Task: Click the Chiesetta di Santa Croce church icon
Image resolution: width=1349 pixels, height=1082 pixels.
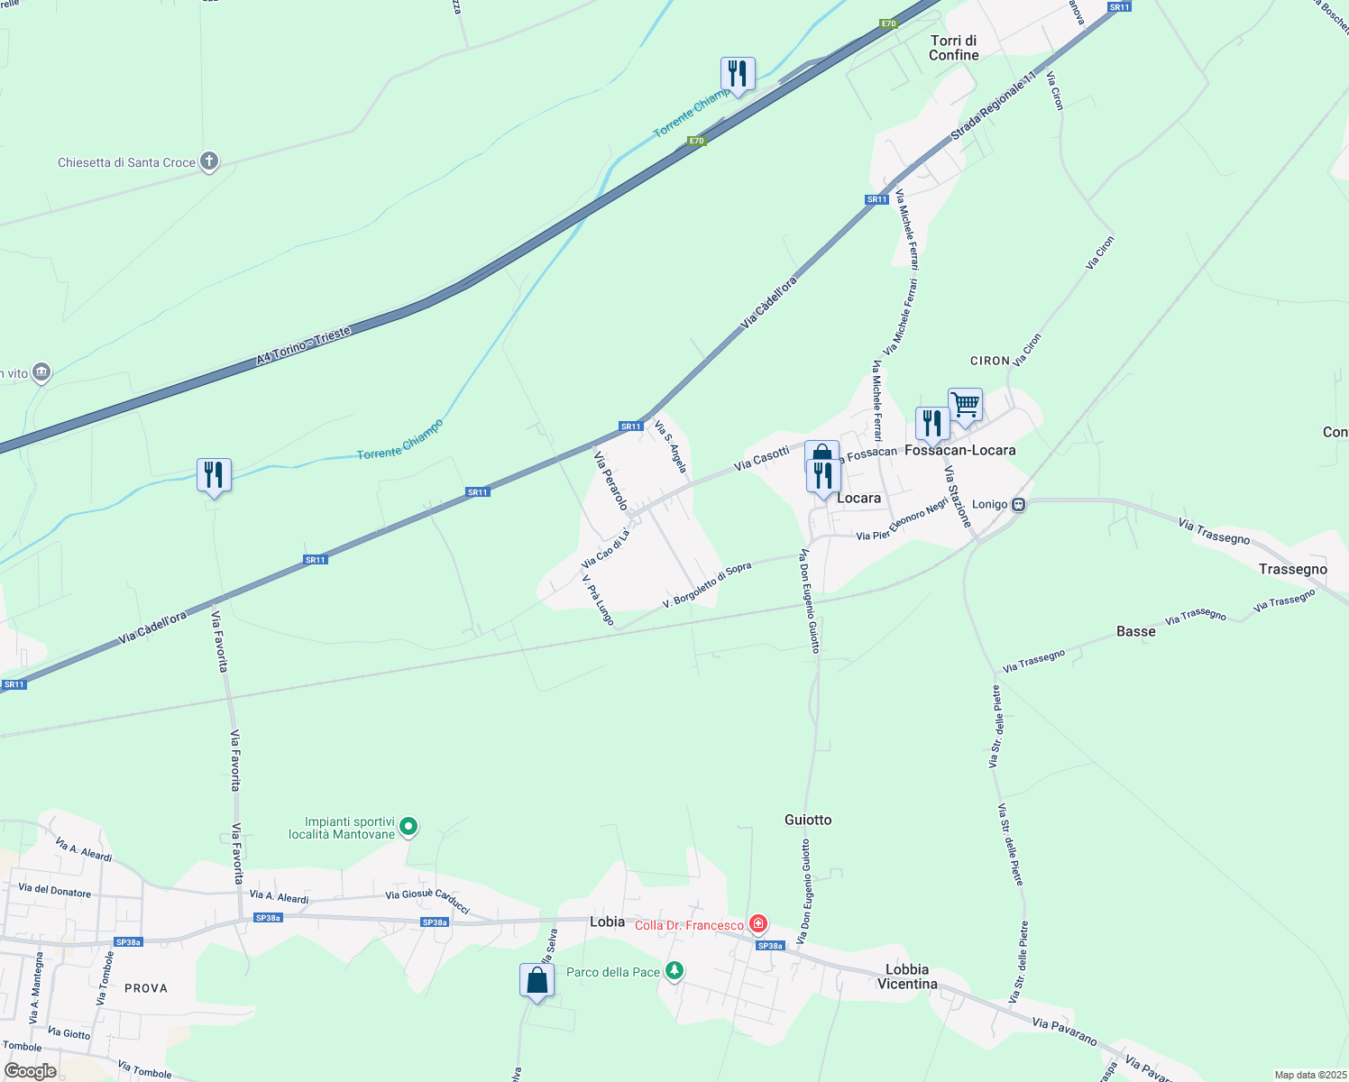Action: pyautogui.click(x=209, y=162)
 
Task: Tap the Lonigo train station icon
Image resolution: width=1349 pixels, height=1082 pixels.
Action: pyautogui.click(x=1018, y=505)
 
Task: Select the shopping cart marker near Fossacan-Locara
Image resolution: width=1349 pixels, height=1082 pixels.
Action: pyautogui.click(x=965, y=405)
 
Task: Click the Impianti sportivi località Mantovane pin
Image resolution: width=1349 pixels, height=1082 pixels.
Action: pyautogui.click(x=408, y=826)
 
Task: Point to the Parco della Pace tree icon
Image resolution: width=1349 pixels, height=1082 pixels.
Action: pyautogui.click(x=674, y=971)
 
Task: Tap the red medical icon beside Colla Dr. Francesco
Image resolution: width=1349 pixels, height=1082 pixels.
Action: pyautogui.click(x=758, y=924)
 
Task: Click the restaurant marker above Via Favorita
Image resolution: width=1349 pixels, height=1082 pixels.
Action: pyautogui.click(x=214, y=474)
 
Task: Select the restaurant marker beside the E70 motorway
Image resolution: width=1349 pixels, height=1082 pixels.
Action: pyautogui.click(x=738, y=73)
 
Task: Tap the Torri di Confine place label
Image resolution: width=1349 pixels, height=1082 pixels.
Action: pyautogui.click(x=953, y=48)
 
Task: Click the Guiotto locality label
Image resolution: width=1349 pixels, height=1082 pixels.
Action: pyautogui.click(x=808, y=820)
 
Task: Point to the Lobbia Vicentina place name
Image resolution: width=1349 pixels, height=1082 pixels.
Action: pyautogui.click(x=907, y=977)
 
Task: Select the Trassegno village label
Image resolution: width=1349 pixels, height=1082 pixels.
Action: pyautogui.click(x=1292, y=569)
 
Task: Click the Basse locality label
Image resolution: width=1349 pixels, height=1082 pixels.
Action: pyautogui.click(x=1135, y=631)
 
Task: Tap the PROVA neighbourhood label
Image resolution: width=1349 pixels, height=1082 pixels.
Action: pyautogui.click(x=146, y=988)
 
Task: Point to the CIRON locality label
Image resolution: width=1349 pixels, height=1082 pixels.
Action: pyautogui.click(x=989, y=361)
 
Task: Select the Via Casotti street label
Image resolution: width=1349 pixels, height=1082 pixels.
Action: pyautogui.click(x=761, y=459)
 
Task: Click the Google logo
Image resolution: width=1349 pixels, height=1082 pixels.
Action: pyautogui.click(x=31, y=1071)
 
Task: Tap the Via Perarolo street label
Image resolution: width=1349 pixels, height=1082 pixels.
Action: pyautogui.click(x=610, y=481)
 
